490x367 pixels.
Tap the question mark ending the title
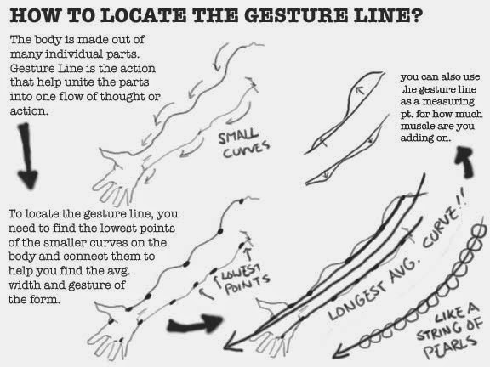click(x=417, y=15)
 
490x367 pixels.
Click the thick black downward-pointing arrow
click(x=27, y=156)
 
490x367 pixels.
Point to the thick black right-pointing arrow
click(x=195, y=324)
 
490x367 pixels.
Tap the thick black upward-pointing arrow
click(x=465, y=162)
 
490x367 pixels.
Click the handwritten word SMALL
click(x=238, y=137)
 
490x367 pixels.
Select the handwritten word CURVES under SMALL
click(x=246, y=150)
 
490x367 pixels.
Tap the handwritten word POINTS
click(x=248, y=285)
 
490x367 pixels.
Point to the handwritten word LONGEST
click(x=357, y=302)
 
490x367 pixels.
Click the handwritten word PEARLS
click(x=450, y=347)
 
